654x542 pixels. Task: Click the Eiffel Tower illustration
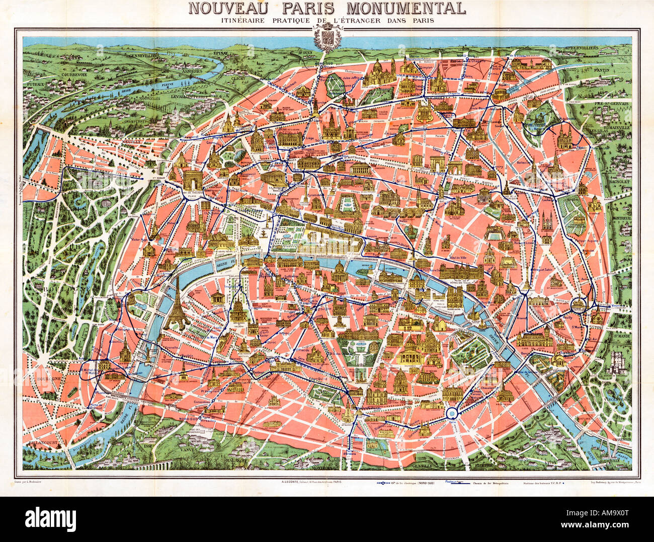177,304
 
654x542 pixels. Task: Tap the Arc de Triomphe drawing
194,180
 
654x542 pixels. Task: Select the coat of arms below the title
327,38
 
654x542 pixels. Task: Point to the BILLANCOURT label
42,444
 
